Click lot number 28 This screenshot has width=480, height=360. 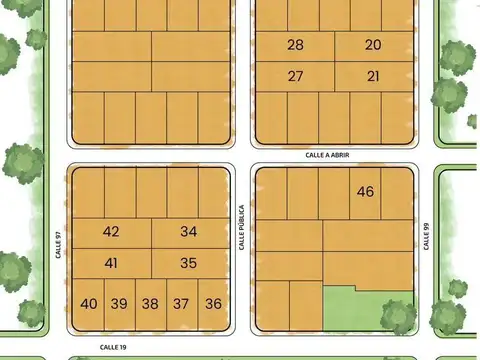pos(295,45)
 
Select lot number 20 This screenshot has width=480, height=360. pos(373,45)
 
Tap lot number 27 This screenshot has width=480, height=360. pos(295,76)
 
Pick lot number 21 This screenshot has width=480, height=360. pos(373,76)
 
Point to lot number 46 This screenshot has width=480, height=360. pos(365,191)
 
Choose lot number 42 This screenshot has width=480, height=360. pos(111,231)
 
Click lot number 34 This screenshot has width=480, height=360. pos(189,231)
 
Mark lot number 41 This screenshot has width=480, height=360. pos(111,263)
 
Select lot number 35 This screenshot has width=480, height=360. pos(189,263)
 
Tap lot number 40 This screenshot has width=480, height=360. pos(89,304)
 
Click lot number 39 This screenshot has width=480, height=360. pos(119,304)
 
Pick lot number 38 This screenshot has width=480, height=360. pos(150,304)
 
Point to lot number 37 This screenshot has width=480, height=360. pos(181,304)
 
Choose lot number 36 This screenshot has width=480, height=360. pos(212,304)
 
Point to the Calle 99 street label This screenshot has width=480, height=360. pos(427,235)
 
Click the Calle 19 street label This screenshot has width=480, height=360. pos(112,346)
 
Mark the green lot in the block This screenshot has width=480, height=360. pos(366,311)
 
